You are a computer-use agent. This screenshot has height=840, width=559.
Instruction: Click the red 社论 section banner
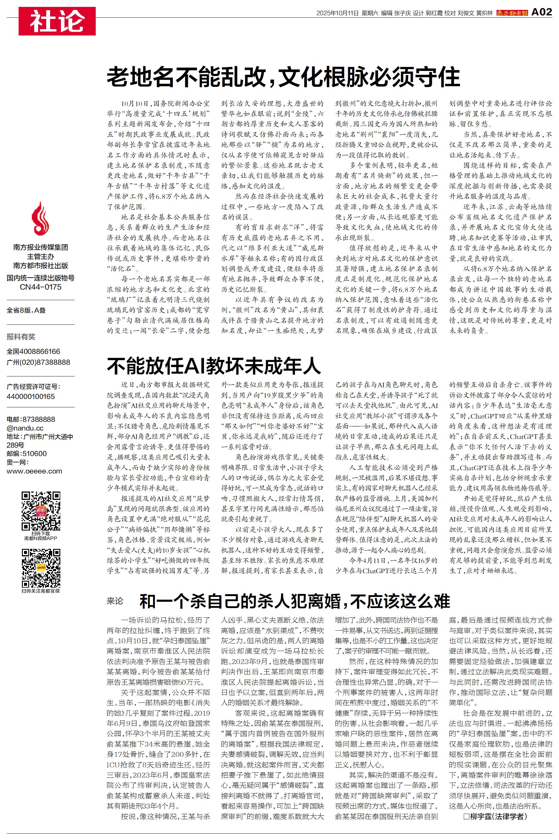57,21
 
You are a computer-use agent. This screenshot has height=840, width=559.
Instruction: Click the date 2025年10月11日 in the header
337,13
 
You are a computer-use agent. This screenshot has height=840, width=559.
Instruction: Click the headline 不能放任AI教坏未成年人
214,365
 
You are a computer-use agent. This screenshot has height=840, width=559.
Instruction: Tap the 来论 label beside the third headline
115,601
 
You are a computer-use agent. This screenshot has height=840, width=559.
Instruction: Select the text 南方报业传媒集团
40,247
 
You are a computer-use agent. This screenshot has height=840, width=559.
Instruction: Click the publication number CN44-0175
40,287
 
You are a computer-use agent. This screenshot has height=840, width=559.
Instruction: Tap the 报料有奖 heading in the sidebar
21,336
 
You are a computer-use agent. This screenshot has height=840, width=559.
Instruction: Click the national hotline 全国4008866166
34,352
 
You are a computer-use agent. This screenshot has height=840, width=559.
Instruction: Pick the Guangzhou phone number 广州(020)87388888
38,362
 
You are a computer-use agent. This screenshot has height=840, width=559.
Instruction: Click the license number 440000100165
31,397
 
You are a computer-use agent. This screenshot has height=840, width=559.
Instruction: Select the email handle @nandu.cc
25,428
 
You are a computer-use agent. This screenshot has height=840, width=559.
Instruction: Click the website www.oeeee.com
34,471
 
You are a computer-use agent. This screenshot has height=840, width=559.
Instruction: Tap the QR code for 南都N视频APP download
41,511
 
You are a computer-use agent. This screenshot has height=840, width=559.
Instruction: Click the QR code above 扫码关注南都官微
41,568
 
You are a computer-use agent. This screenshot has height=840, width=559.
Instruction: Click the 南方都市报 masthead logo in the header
512,13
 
